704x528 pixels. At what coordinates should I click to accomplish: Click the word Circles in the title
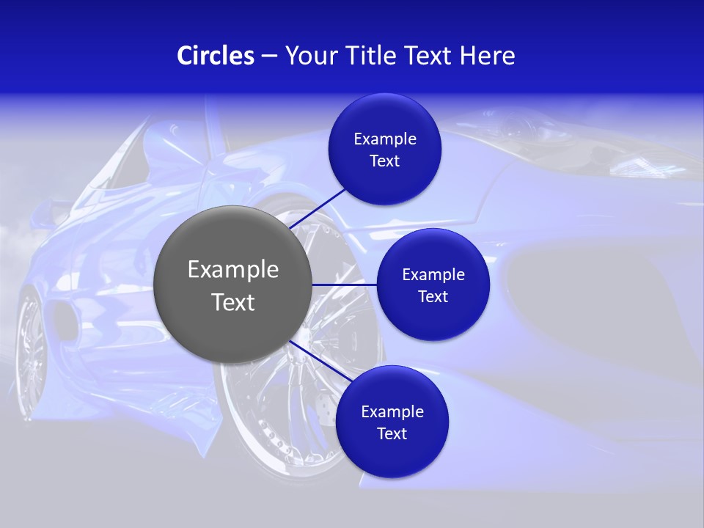tap(215, 56)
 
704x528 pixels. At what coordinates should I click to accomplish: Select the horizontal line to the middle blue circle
tap(344, 285)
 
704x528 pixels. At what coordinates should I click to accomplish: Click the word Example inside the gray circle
tap(233, 269)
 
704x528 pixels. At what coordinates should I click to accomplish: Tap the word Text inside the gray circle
tap(233, 302)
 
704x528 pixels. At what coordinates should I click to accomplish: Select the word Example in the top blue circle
tap(385, 139)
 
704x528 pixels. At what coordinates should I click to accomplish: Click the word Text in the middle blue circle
tap(433, 297)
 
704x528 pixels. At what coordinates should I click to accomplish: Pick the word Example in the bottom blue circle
tap(392, 411)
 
